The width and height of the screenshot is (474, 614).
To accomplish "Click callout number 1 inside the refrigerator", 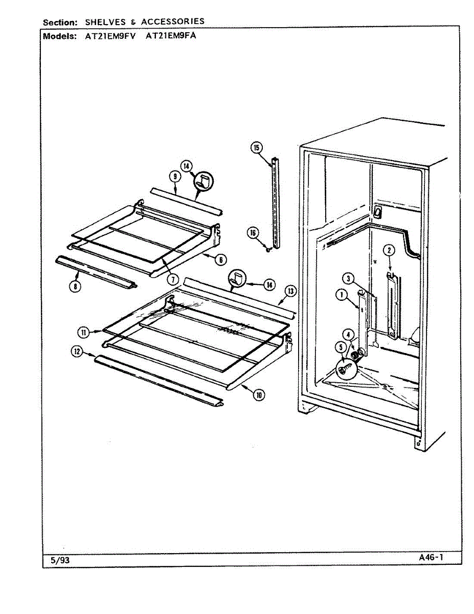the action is click(x=340, y=294).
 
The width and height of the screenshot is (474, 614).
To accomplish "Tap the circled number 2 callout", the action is click(x=389, y=250).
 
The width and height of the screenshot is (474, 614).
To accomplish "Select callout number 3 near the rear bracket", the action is click(x=348, y=279).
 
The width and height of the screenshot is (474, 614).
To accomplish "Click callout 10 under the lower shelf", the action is click(x=260, y=394).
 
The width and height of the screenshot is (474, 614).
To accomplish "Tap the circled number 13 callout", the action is click(x=290, y=291).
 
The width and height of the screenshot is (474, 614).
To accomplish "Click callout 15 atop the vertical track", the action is click(x=256, y=148).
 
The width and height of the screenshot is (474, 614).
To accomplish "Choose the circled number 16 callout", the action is click(x=253, y=233).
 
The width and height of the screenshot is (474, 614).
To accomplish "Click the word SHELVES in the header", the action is click(x=106, y=21).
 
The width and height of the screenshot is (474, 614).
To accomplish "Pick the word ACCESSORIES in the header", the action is click(x=172, y=21).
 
